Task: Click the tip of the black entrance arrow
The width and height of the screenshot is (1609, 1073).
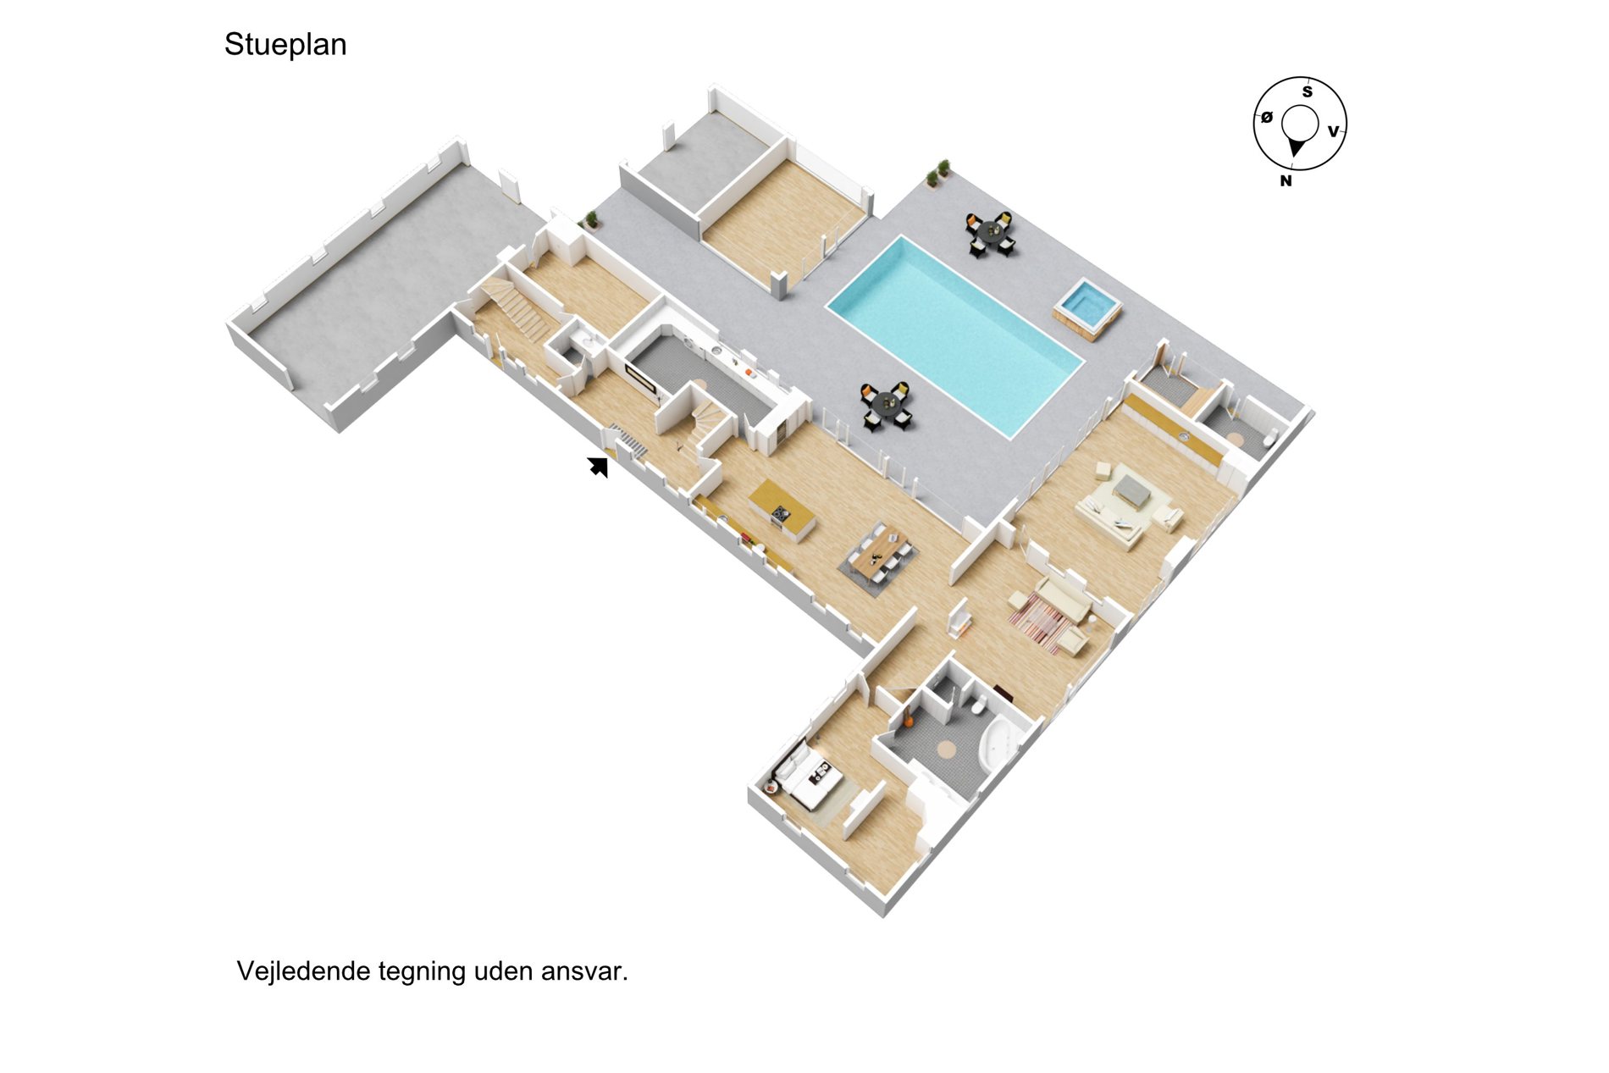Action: pos(590,459)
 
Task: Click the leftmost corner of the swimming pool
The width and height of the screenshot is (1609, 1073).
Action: pos(827,307)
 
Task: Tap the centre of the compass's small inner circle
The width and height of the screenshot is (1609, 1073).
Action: pos(1300,124)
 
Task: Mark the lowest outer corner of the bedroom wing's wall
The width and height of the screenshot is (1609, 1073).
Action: pos(884,917)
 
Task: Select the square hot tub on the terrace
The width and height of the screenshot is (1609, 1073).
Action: pos(1087,308)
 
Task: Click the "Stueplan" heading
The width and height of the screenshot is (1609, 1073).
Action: pos(285,45)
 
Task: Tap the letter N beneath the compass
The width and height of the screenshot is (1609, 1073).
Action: pos(1286,180)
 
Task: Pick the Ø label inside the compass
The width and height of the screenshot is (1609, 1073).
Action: pos(1267,118)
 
